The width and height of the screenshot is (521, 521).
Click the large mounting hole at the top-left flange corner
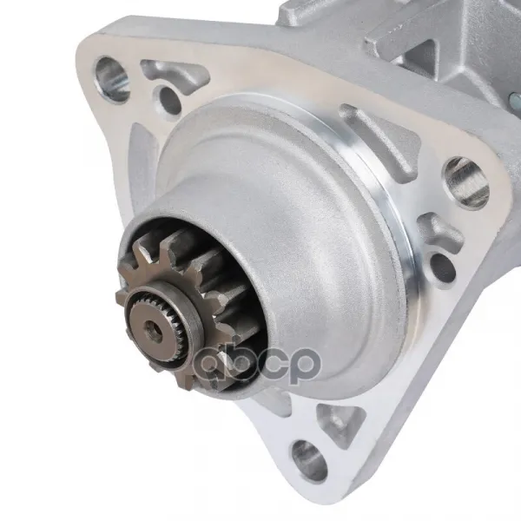112,79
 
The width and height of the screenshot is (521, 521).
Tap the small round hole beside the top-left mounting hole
168,99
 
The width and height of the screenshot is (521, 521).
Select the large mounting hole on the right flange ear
466,182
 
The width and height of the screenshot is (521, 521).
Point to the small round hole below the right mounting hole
443,267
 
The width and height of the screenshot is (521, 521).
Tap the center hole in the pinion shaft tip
155,332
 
